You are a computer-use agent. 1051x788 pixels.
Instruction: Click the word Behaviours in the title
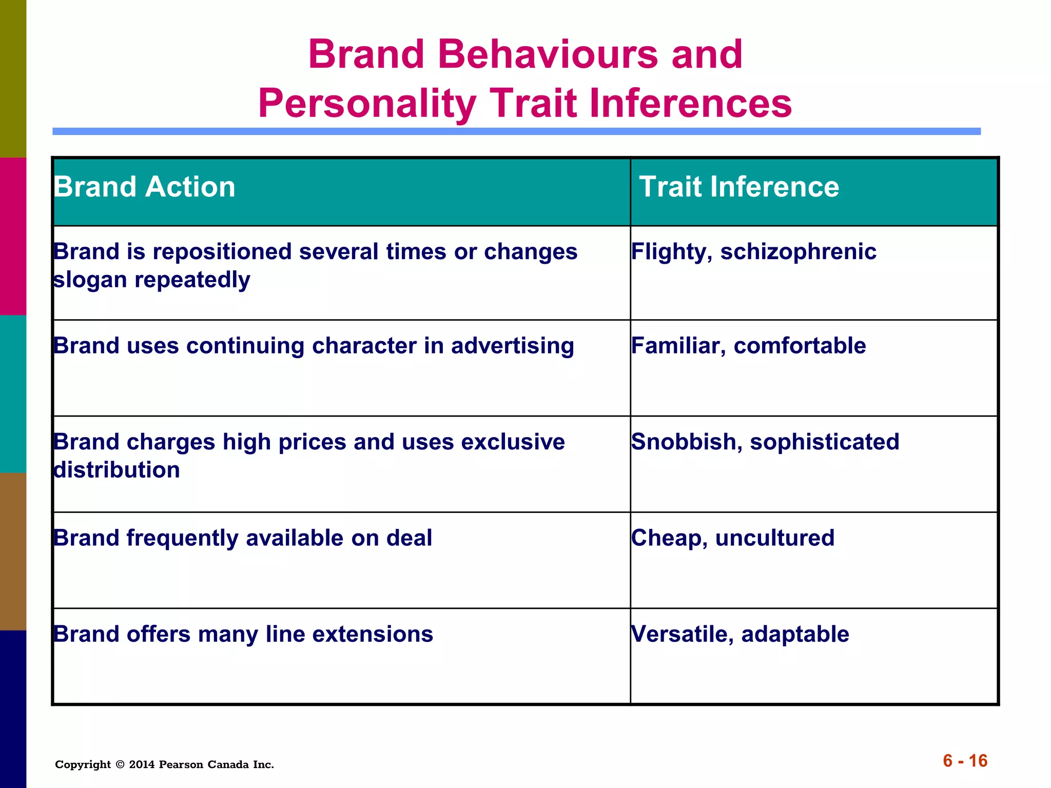(x=548, y=54)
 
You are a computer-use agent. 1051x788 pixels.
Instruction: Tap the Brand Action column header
(x=145, y=187)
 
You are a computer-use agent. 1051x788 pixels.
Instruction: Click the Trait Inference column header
(x=739, y=187)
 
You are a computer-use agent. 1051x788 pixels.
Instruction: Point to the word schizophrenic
(x=799, y=252)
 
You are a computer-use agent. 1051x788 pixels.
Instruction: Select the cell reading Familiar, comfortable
(x=748, y=346)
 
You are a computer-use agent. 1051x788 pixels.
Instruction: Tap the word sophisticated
(x=825, y=442)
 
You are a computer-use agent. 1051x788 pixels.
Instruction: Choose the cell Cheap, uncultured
(x=733, y=538)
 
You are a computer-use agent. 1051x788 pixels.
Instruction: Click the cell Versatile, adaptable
(x=740, y=634)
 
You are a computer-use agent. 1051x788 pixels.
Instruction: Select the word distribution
(x=117, y=470)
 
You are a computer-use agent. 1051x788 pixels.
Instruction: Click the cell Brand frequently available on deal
(x=243, y=538)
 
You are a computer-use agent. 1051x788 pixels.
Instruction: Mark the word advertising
(x=512, y=346)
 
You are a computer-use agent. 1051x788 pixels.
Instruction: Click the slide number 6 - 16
(x=965, y=760)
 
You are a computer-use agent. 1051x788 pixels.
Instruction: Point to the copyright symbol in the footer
(x=120, y=764)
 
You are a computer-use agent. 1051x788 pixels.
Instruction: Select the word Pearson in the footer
(x=181, y=764)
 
